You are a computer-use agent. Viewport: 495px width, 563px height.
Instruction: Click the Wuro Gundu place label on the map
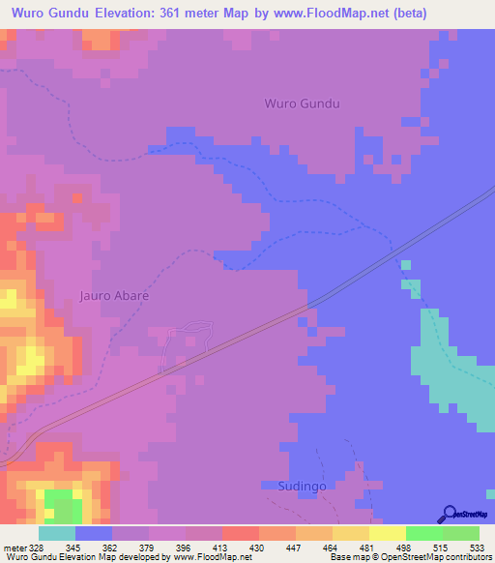(303, 104)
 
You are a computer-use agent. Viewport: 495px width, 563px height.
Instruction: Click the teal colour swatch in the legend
(57, 533)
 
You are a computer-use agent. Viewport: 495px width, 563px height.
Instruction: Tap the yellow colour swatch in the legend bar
(388, 533)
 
